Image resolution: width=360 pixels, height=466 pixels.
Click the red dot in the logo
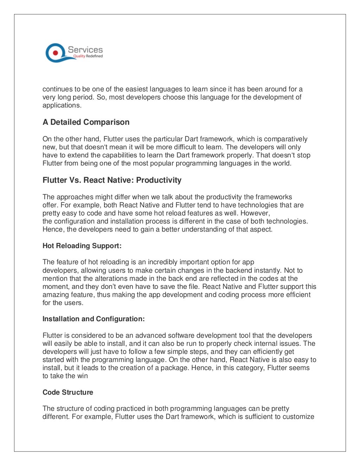point(55,53)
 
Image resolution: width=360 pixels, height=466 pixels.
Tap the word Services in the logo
point(85,50)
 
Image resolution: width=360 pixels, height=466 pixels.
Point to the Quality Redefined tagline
point(88,56)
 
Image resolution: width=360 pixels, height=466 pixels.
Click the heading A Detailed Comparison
point(86,122)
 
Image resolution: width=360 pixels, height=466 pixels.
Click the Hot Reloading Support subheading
point(82,246)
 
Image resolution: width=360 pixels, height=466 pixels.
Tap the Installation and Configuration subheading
point(94,319)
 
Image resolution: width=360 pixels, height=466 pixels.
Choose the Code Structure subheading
point(68,393)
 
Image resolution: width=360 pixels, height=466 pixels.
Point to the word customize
point(299,417)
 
